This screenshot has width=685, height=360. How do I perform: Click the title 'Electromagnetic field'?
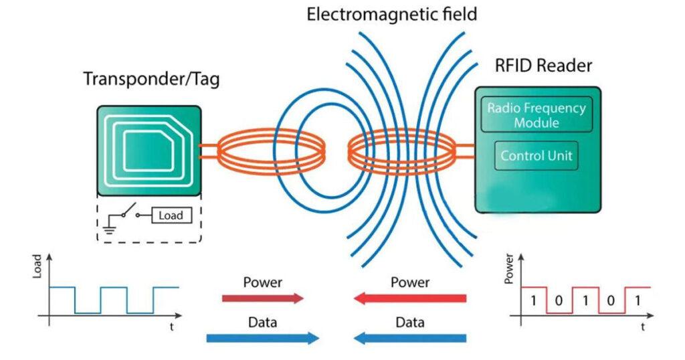tap(392, 14)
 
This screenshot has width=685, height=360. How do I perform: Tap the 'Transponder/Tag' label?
tap(151, 79)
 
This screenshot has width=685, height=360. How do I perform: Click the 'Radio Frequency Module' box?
tap(536, 115)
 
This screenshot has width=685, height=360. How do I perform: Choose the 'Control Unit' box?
tap(536, 157)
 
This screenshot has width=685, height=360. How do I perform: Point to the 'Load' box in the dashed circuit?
tap(170, 216)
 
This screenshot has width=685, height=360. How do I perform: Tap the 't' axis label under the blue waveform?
tap(173, 328)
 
